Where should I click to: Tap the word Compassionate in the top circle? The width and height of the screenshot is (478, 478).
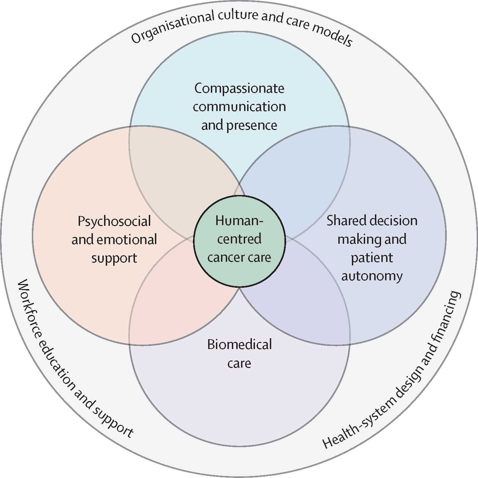point(239,89)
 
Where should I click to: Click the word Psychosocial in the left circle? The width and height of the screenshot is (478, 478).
point(114,222)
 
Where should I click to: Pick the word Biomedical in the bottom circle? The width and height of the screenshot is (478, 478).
point(239,345)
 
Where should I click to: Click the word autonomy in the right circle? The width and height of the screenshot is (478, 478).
point(372,276)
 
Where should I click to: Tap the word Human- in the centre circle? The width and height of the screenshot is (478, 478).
point(239,221)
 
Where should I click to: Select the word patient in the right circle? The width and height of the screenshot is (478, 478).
point(372,258)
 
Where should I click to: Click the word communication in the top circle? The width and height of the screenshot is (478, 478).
point(239,107)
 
